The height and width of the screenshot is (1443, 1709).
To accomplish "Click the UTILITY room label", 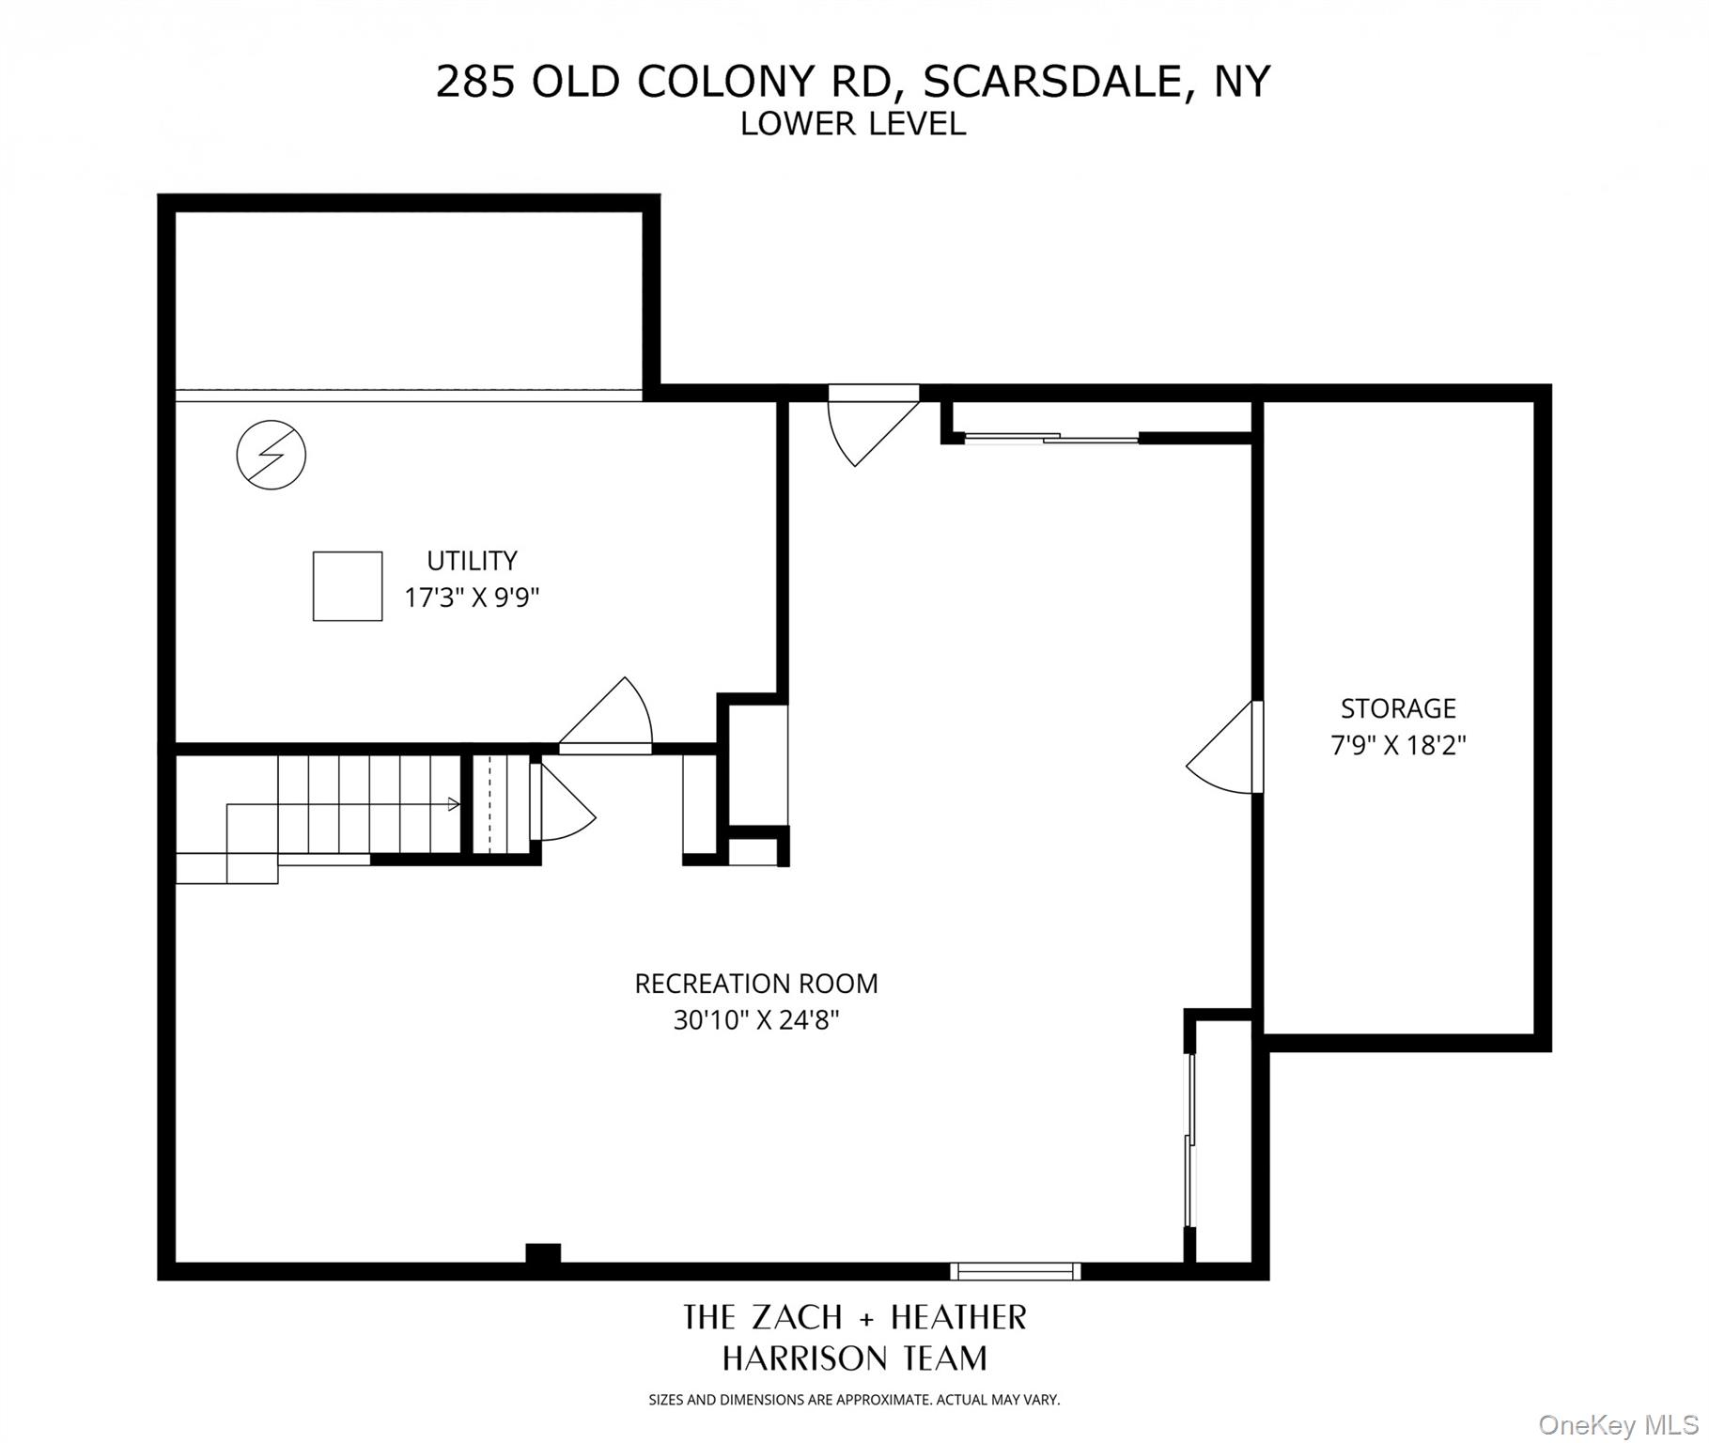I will pos(472,561).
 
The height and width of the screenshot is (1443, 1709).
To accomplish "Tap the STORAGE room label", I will pos(1398,708).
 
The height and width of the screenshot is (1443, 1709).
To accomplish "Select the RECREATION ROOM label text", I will pos(756,984).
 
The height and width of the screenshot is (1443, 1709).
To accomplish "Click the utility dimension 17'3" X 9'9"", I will pos(472,597).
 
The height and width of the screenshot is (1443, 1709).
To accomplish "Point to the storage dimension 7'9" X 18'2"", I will pos(1398,746).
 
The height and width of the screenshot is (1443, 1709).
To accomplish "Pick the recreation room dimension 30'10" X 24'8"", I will pos(756,1020).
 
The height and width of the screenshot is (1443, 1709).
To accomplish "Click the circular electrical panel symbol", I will pos(272,456).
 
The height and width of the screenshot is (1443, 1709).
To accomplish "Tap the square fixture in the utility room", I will pos(348,586).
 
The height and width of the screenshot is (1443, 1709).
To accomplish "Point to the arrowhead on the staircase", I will pos(455,804).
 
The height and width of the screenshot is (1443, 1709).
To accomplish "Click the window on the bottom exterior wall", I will pos(1015,1271).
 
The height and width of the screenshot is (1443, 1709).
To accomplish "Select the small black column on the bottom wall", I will pos(543,1254).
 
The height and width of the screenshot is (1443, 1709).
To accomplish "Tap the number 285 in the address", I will pos(476,82).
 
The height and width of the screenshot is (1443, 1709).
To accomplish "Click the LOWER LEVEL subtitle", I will pos(853,124).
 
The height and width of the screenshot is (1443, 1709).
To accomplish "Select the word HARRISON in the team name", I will pos(803,1358).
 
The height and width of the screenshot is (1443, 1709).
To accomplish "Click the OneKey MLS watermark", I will pos(1619,1425).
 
